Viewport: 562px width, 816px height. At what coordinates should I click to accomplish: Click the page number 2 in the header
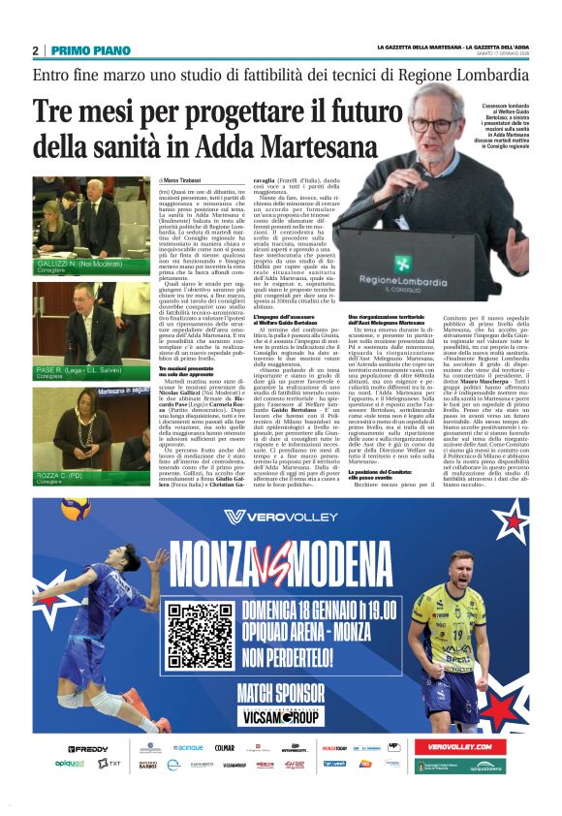click(x=36, y=50)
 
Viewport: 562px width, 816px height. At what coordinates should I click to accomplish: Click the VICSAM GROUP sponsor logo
click(x=288, y=716)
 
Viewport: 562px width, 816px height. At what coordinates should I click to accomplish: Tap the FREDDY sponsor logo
click(x=88, y=749)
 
